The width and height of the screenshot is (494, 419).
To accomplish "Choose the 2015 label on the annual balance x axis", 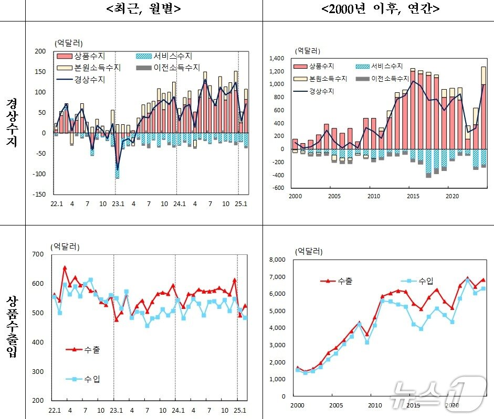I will coord(413,196).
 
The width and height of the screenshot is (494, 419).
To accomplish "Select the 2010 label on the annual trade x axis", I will coord(374,405).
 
